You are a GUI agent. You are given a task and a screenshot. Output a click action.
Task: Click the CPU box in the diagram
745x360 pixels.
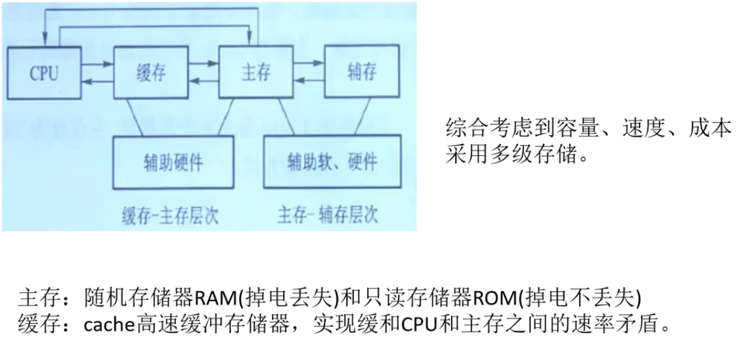click(x=44, y=72)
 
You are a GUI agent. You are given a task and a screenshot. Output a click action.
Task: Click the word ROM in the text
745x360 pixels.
click(x=493, y=298)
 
